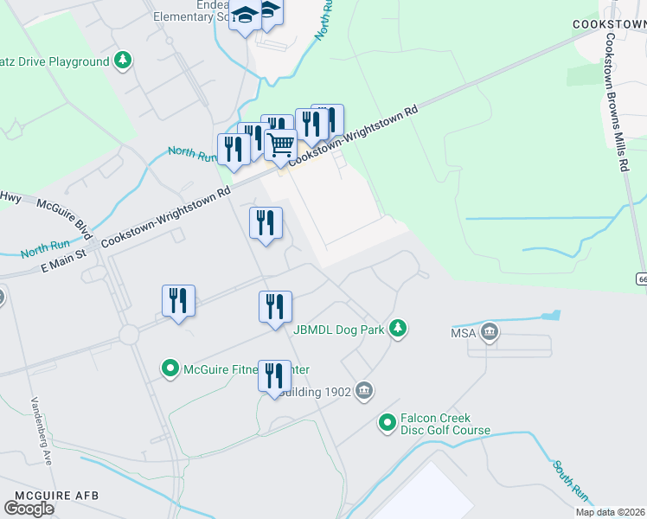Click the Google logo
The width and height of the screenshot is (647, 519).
click(29, 509)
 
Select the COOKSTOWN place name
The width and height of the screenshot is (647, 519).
click(609, 24)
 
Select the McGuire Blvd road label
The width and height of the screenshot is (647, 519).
click(77, 217)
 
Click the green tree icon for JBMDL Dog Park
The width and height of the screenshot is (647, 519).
click(398, 328)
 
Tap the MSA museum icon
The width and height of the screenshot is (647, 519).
click(490, 332)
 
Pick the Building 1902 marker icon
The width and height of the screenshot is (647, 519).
click(363, 391)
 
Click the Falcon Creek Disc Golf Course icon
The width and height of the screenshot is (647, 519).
click(388, 422)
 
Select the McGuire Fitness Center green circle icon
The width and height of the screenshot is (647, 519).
click(170, 369)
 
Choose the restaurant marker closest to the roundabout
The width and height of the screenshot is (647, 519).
click(179, 301)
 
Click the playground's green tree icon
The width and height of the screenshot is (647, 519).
click(124, 61)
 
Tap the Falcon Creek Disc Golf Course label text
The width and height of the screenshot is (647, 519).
click(445, 424)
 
